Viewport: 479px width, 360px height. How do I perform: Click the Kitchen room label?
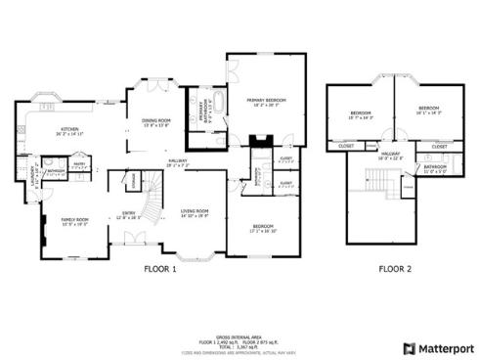pyautogui.click(x=69, y=129)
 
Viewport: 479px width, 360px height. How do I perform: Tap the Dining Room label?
pyautogui.click(x=156, y=121)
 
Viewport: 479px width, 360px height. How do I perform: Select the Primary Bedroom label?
pyautogui.click(x=258, y=101)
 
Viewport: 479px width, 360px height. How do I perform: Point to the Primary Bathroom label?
pyautogui.click(x=197, y=113)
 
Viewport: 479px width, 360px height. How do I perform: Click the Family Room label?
pyautogui.click(x=75, y=221)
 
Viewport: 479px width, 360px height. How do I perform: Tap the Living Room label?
pyautogui.click(x=196, y=212)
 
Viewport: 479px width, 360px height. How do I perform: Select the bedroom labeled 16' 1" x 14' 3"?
pyautogui.click(x=429, y=110)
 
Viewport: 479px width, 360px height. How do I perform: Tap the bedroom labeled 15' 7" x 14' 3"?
pyautogui.click(x=362, y=116)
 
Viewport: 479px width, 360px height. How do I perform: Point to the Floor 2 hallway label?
pyautogui.click(x=391, y=155)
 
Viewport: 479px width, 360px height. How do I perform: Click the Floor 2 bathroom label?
pyautogui.click(x=435, y=168)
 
